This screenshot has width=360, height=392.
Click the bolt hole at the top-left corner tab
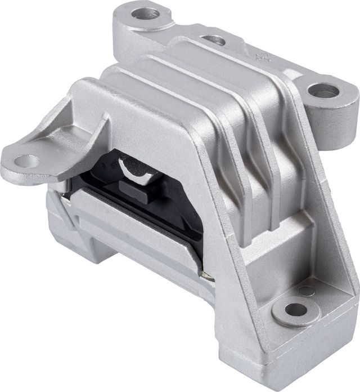point(147,14)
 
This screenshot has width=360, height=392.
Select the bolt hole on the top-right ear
point(325,91)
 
